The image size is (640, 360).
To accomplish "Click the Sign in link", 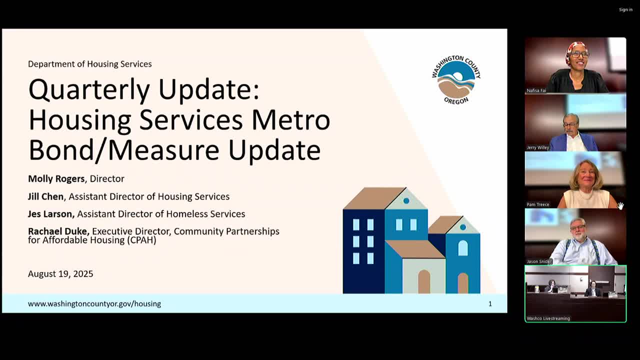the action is tap(625, 9).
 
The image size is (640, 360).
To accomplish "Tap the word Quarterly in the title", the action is tap(89, 89).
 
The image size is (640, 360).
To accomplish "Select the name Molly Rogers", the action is tap(56, 179).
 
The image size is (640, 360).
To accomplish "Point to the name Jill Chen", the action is tap(45, 196).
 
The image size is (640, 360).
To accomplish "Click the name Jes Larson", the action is tap(51, 214).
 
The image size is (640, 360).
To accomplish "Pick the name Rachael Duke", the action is tap(58, 231).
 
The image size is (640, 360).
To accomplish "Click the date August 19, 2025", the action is tap(60, 273).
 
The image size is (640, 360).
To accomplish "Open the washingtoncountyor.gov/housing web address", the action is tap(94, 303).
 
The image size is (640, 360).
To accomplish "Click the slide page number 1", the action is tap(490, 303).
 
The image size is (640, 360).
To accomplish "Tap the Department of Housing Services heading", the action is tap(89, 64).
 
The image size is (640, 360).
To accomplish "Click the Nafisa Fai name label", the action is tap(536, 90).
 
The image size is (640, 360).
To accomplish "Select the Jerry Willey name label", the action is tap(538, 147).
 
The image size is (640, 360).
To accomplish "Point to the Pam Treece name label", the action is tap(538, 204).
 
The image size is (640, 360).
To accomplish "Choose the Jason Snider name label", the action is tap(539, 261).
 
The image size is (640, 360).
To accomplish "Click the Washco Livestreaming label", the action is tap(548, 318).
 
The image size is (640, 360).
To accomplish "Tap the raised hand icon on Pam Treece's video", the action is tap(620, 205).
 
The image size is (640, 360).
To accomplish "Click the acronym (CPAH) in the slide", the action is tap(141, 240).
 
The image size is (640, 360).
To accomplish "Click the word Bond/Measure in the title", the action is tap(123, 150).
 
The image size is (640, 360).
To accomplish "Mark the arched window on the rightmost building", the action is tap(463, 248).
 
